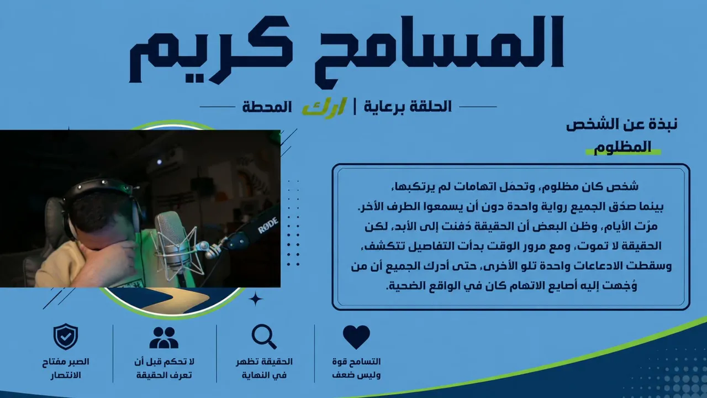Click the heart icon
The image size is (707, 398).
(356, 337)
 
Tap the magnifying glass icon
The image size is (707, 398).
(264, 337)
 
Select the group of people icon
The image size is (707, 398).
(164, 337)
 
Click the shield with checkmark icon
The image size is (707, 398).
(66, 337)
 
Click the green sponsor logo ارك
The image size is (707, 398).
(324, 107)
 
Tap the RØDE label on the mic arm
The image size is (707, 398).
(268, 224)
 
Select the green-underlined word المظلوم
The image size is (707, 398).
(622, 147)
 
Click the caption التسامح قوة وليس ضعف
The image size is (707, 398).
(356, 368)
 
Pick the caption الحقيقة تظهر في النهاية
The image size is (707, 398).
(264, 368)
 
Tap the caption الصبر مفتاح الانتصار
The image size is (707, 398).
(66, 368)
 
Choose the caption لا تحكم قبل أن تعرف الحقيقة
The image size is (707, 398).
(164, 368)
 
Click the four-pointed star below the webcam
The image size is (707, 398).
(256, 299)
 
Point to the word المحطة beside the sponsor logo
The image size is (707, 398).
(267, 107)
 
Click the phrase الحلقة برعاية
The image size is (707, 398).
(408, 107)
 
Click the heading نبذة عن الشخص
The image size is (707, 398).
(622, 124)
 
